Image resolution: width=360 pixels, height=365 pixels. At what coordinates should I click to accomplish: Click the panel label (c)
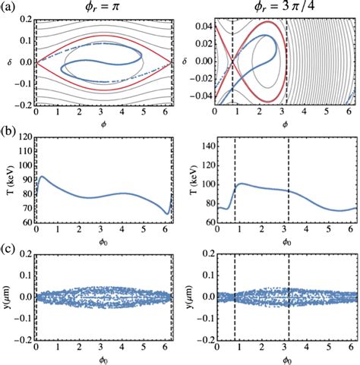click(8, 246)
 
